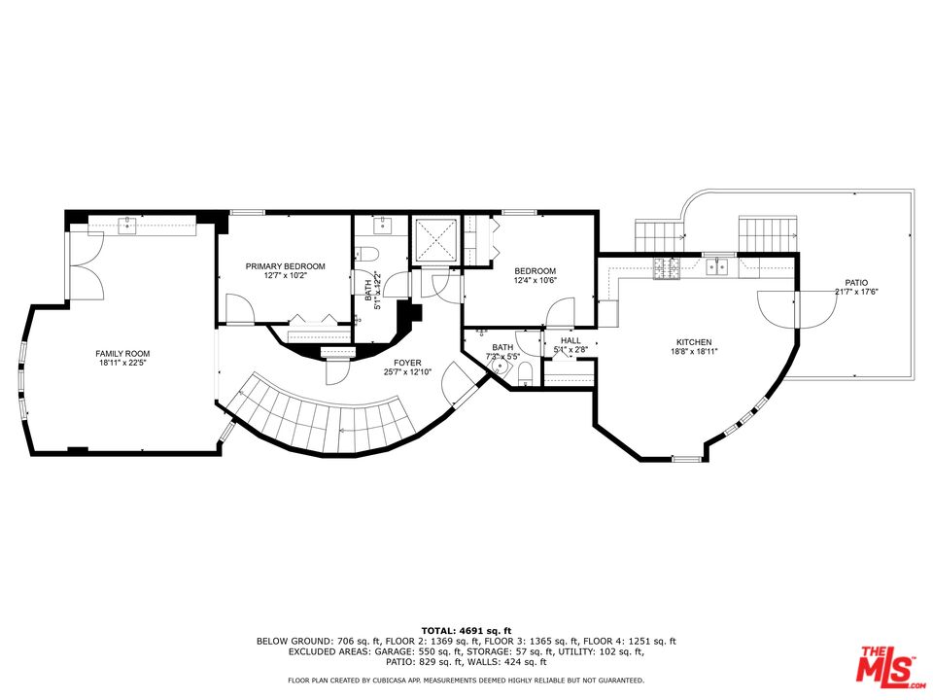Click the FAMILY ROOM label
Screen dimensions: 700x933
click(x=122, y=353)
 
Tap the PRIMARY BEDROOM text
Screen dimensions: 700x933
click(x=285, y=266)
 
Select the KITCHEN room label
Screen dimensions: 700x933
click(x=694, y=342)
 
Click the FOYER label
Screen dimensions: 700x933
click(x=407, y=362)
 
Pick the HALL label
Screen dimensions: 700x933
click(x=570, y=340)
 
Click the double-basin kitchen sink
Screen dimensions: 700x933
click(x=718, y=264)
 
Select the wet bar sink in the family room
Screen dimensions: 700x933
click(x=127, y=226)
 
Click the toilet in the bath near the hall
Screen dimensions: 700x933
click(x=525, y=373)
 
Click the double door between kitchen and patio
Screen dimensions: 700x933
click(x=796, y=306)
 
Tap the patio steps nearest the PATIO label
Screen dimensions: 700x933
click(x=768, y=233)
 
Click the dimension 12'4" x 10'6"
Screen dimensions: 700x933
click(x=535, y=281)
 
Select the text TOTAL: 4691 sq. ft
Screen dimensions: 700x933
click(x=466, y=631)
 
